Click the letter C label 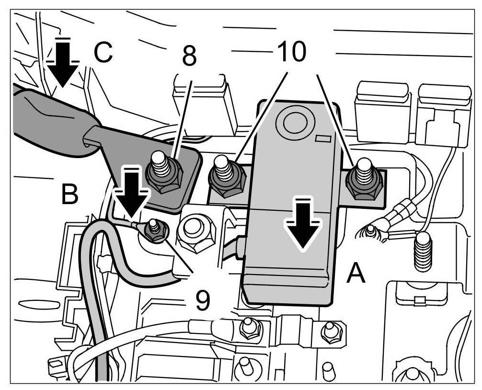[103, 53]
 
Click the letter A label [356, 275]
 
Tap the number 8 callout [189, 56]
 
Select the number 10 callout [293, 52]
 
